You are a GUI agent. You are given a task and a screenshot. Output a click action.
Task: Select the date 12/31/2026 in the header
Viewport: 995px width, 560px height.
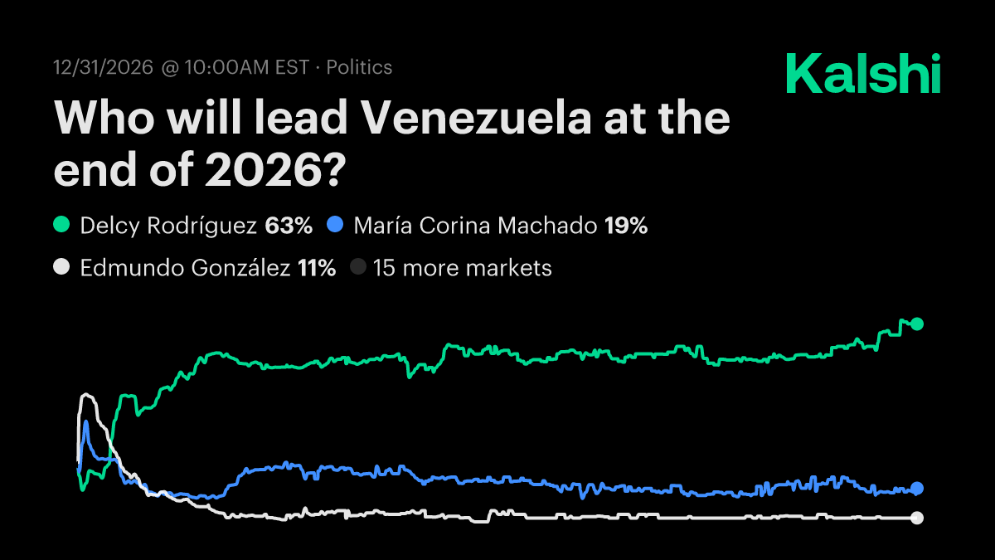tap(104, 67)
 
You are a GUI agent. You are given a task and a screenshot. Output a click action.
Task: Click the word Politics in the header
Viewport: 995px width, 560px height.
tap(359, 67)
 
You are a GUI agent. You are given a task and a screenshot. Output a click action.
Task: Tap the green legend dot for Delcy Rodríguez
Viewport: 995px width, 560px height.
tap(61, 225)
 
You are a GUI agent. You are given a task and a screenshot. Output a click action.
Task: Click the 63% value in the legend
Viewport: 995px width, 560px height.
tap(289, 225)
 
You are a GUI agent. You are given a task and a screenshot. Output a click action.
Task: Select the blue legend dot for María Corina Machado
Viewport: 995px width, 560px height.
tap(334, 225)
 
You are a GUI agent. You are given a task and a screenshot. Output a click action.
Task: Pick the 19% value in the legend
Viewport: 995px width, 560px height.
tap(626, 225)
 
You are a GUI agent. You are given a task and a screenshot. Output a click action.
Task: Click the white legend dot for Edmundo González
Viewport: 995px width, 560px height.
tap(61, 268)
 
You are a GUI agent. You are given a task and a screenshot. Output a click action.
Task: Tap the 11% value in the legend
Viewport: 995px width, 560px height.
tap(316, 268)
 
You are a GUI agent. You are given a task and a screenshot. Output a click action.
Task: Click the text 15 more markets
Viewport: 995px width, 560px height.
tap(462, 268)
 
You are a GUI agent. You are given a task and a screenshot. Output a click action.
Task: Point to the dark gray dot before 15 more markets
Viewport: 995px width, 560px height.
tap(357, 268)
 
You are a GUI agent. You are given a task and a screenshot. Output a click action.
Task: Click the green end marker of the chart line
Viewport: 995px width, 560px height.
tap(917, 324)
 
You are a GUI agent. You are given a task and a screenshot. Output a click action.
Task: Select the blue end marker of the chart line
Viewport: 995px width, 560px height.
tap(917, 488)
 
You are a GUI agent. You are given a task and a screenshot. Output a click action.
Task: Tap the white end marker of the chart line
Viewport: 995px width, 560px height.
tap(917, 518)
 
